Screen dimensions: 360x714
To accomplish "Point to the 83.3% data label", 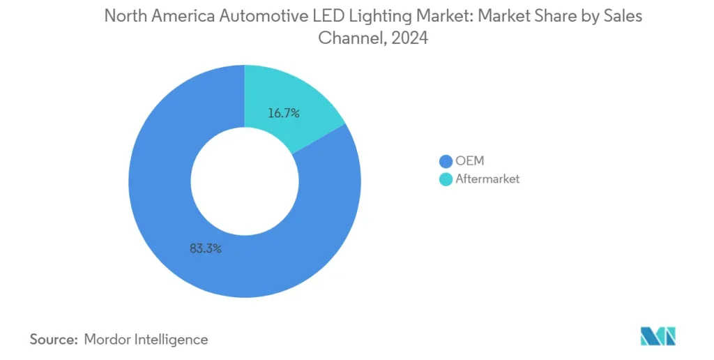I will coord(205,248).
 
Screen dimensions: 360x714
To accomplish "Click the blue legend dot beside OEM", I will coord(444,161).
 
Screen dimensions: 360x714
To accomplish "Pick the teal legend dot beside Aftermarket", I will coord(444,179).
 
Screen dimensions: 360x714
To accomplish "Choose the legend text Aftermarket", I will coord(487,179).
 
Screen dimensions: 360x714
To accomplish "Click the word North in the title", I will coord(125,17).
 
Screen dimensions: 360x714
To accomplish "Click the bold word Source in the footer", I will coord(52,340).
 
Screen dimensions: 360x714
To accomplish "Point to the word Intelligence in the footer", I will coord(172,340).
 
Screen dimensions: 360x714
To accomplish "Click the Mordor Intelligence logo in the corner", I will coord(658,336).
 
